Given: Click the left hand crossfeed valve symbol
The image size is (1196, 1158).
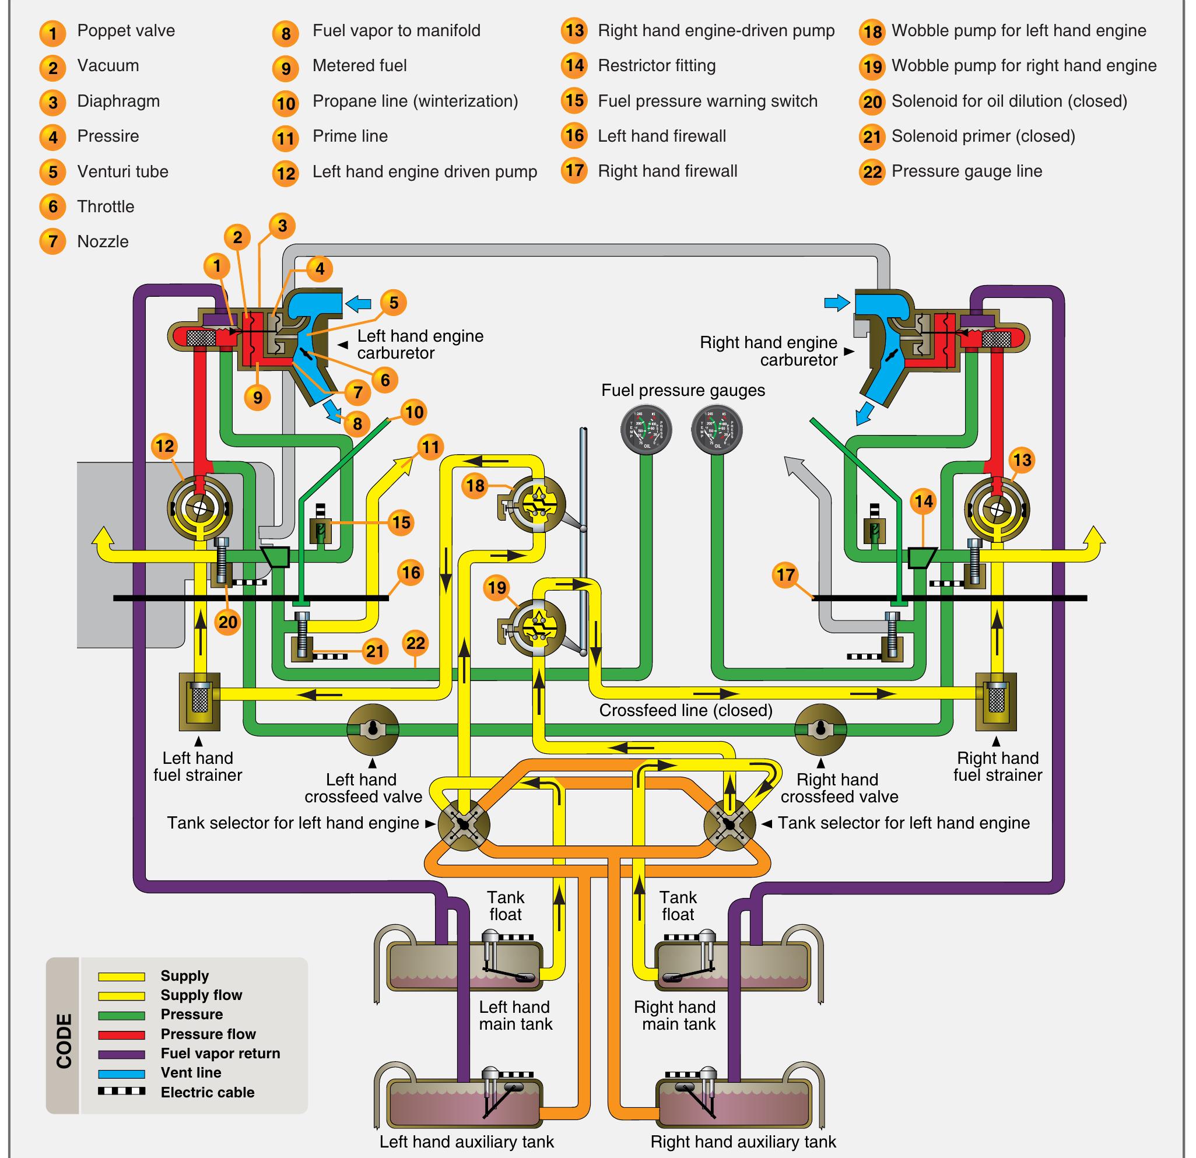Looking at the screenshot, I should tap(372, 729).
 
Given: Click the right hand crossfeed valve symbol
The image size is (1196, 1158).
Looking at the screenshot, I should tap(820, 729).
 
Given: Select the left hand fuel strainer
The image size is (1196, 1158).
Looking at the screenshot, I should tap(199, 701).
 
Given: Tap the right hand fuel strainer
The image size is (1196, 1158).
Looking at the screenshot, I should tap(996, 701).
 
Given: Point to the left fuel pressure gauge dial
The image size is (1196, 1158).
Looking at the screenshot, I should tap(646, 429).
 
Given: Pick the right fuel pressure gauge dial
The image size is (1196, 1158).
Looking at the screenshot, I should tap(717, 429).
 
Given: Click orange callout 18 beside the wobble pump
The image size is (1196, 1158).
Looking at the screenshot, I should tap(475, 486).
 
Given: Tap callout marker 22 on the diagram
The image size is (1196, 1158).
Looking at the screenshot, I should tap(416, 643).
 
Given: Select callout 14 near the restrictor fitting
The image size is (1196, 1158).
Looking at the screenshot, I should tap(923, 501).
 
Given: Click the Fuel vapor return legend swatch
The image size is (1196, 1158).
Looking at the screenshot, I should tap(121, 1054).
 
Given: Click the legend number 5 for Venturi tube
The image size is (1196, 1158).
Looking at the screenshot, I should tap(53, 172).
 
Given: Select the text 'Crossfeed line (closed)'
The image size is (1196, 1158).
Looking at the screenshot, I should tap(685, 710).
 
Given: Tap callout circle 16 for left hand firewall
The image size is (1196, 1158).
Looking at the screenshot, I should tap(411, 572).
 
